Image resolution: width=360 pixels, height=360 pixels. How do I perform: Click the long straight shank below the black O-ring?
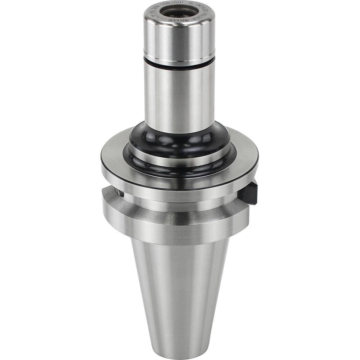(x=179, y=97)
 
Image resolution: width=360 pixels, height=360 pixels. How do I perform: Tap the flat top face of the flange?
(x=245, y=151)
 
